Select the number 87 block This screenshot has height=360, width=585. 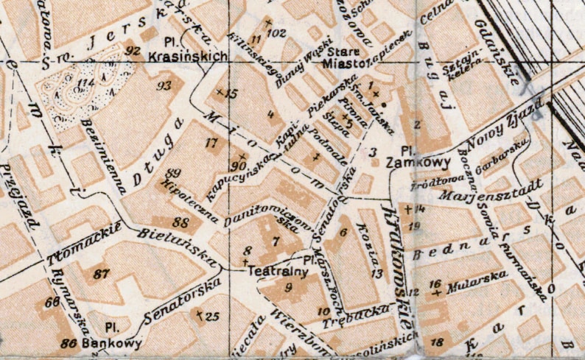(102, 273)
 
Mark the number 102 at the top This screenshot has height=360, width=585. (277, 32)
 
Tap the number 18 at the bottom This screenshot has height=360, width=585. (437, 342)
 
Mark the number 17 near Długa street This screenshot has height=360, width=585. (213, 142)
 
